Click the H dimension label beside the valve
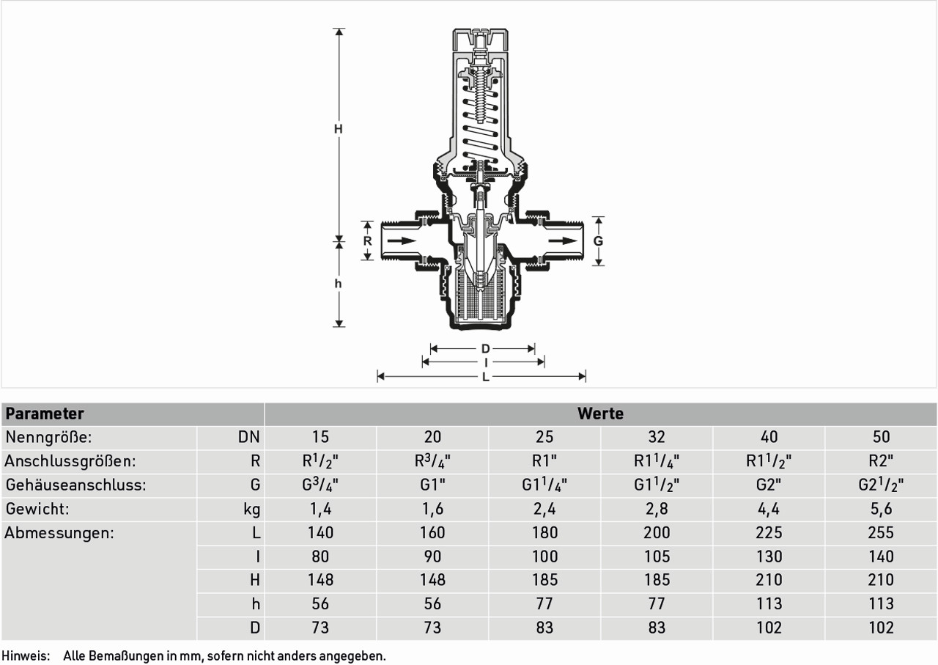(339, 129)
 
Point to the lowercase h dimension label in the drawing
(338, 284)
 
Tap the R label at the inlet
(367, 241)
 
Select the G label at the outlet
(599, 241)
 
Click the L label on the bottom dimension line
(485, 377)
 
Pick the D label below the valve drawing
(485, 349)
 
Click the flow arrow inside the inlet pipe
(402, 241)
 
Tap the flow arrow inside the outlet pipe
(563, 241)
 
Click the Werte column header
(600, 414)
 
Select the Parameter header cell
(45, 414)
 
